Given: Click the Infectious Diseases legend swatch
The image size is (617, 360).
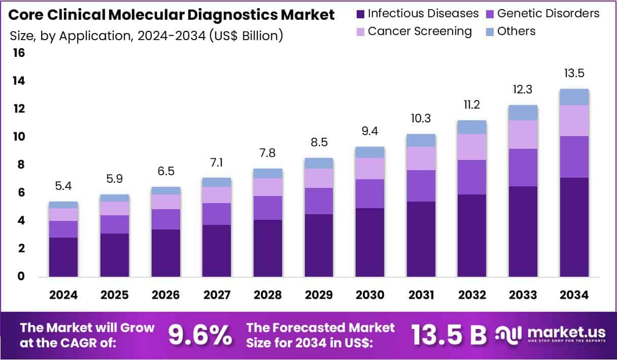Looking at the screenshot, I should click(x=361, y=14).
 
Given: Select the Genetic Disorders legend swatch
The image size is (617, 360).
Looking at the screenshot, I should click(x=490, y=14).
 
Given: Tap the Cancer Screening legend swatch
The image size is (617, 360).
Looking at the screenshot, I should click(x=361, y=32).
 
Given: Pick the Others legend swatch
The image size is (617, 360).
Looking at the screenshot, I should click(x=490, y=32).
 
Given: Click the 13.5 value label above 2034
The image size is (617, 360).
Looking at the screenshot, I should click(x=574, y=73).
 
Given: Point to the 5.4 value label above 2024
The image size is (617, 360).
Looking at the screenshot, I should click(x=63, y=186).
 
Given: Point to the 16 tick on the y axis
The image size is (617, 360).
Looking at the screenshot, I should click(x=18, y=53).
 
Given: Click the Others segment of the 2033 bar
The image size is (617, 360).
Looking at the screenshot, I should click(x=523, y=113).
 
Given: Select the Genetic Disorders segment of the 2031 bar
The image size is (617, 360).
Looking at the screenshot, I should click(x=421, y=186).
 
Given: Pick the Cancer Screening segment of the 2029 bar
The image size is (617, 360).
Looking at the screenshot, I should click(x=319, y=178).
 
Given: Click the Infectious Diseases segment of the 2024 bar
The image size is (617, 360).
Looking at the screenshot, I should click(x=63, y=257).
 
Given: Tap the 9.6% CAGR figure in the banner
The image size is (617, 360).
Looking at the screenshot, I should click(x=200, y=335).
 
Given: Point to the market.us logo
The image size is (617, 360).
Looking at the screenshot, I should click(x=550, y=334).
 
